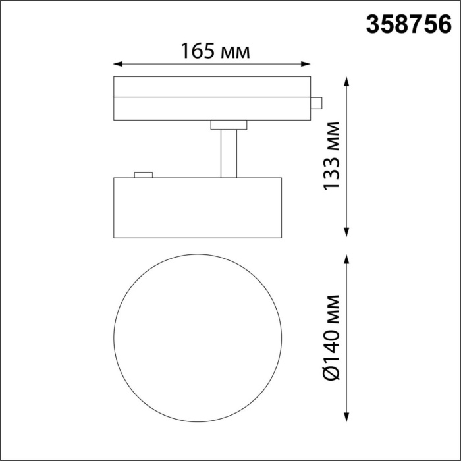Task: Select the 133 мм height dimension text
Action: click(331, 156)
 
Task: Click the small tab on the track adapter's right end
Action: click(316, 103)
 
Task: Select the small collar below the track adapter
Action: click(228, 124)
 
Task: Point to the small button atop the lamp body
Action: click(143, 175)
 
